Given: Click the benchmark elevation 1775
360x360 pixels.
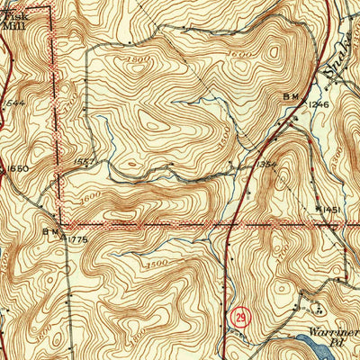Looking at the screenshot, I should click(77, 238).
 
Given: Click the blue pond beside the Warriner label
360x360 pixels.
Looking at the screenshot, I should click(310, 343).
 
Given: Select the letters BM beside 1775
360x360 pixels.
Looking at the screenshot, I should click(49, 231).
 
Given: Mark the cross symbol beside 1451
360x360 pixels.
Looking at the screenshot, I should click(319, 209).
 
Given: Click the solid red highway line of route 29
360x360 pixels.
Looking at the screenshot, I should click(229, 261).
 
